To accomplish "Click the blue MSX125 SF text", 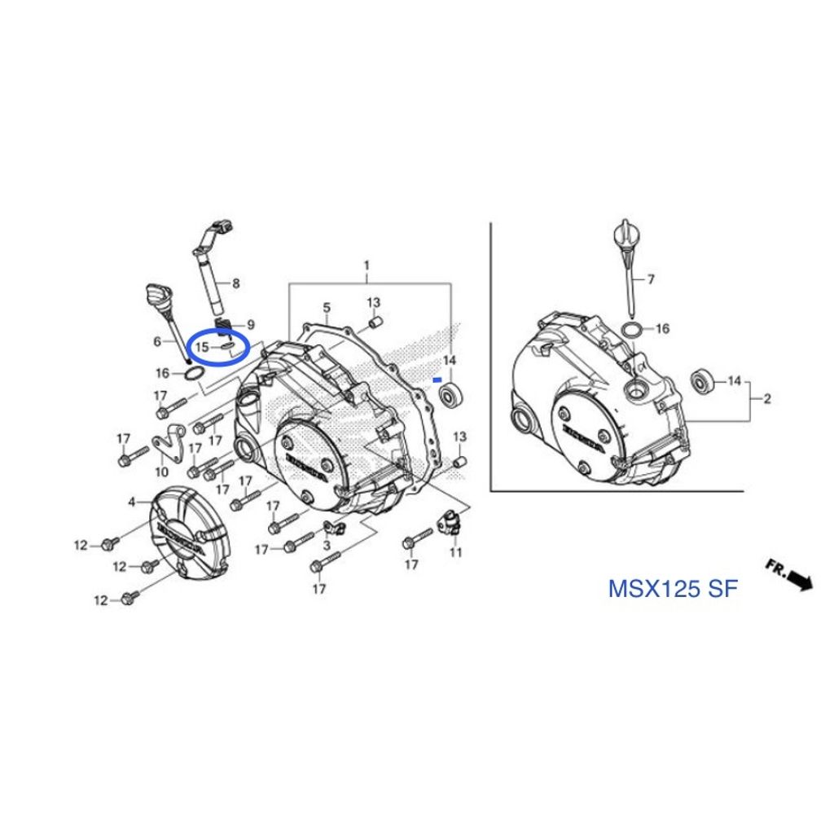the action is click(673, 589).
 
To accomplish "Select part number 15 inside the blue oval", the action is click(202, 347).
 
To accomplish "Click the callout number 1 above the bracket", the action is click(367, 265).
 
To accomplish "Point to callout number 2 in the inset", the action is click(766, 398).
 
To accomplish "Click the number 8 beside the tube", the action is click(235, 283).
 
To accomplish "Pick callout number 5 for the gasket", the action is click(327, 307).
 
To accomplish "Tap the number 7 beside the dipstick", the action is click(651, 279).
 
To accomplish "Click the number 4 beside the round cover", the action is click(132, 502).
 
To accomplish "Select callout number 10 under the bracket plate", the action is click(162, 472).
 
